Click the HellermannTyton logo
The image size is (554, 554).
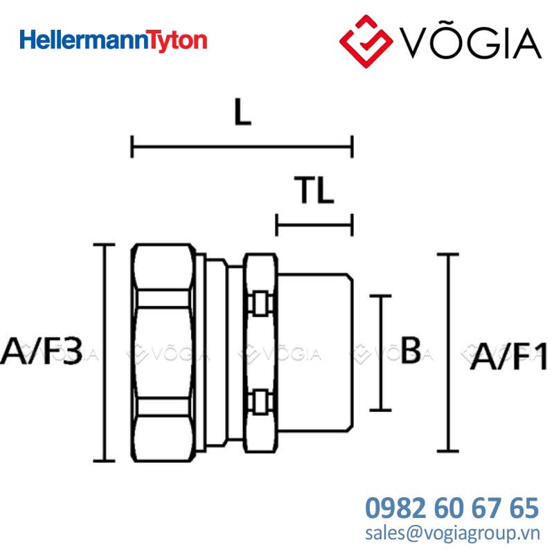point(113,41)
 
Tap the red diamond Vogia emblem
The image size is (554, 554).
point(366,41)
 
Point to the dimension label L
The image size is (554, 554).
point(243,112)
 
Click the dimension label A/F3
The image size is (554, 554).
point(42,351)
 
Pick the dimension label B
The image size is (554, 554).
point(411,350)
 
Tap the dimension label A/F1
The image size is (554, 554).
point(509,356)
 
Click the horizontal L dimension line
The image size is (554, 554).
point(242,147)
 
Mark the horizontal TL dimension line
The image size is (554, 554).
point(314,225)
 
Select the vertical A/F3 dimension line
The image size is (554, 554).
point(104,352)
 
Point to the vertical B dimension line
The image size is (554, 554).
point(380,352)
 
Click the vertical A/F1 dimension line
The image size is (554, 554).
point(448,352)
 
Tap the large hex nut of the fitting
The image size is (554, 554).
point(163,352)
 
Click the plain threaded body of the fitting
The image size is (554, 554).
point(315,352)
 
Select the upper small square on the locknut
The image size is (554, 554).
point(260,303)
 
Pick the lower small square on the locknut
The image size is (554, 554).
point(260,402)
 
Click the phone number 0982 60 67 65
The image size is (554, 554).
point(452,508)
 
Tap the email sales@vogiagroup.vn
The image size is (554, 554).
point(453,533)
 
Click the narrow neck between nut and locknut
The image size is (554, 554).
point(235,352)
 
